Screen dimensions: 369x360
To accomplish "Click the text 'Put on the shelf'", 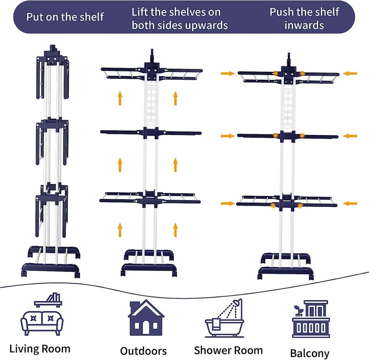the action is pos(65,17).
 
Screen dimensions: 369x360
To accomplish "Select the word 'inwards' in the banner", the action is pos(304,25).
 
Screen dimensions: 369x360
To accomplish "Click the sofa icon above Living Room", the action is pos(42,323).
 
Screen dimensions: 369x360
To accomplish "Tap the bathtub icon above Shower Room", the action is pos(224,327).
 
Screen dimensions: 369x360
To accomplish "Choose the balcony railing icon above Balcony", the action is pos(310,327).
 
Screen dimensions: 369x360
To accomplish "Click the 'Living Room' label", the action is pos(40,349).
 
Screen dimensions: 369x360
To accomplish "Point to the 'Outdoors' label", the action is pos(143,351).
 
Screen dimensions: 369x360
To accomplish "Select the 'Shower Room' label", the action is pos(228,350).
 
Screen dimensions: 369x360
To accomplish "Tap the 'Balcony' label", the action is pos(309,354).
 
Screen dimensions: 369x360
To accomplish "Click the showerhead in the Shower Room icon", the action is pos(238,302).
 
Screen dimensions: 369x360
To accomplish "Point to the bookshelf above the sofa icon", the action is pos(48,301).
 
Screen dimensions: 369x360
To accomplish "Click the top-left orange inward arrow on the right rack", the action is pos(227,74).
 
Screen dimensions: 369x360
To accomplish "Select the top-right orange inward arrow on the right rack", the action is pos(350,74).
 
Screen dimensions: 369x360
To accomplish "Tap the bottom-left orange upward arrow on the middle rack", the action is pos(120,230).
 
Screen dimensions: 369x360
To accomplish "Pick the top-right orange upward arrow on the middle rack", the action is pos(175,98).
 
